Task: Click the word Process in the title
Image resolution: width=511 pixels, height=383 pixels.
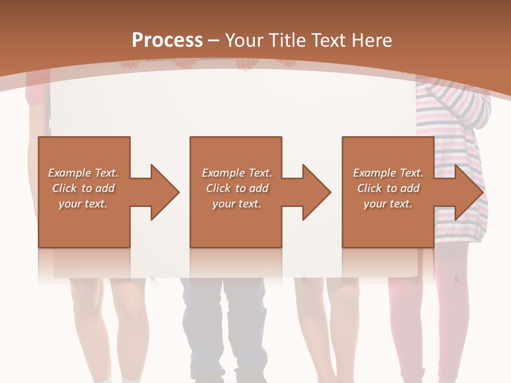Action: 167,40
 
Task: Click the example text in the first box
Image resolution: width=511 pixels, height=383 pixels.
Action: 84,188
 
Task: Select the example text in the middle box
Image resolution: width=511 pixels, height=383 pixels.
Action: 237,188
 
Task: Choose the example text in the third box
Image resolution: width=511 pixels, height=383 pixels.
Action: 388,188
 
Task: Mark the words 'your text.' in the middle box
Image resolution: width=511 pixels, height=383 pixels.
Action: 237,204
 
